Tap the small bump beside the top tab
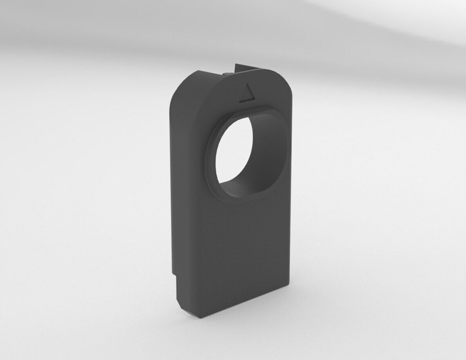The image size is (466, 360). pyautogui.click(x=227, y=73)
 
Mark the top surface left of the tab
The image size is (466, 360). pyautogui.click(x=205, y=75)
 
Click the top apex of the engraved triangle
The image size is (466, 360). pyautogui.click(x=252, y=85)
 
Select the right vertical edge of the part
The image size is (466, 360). pyautogui.click(x=290, y=186)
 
